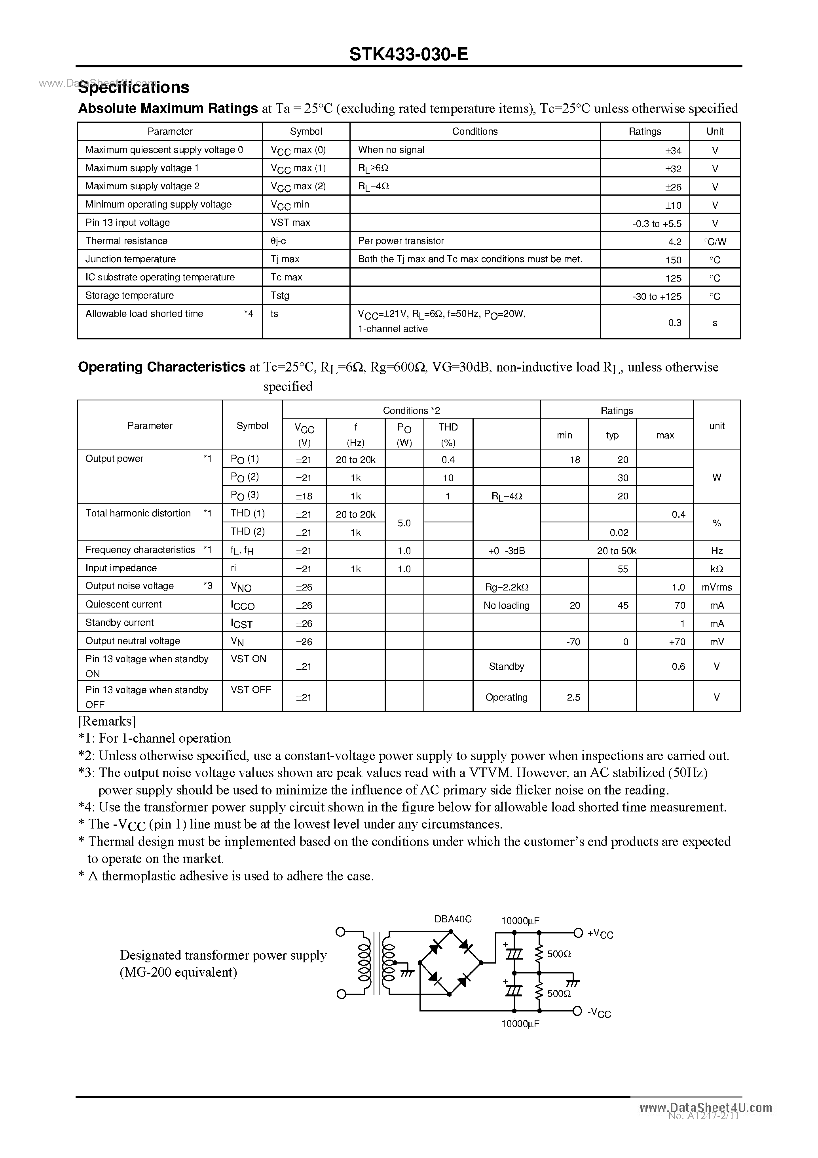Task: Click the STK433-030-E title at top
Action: [x=408, y=53]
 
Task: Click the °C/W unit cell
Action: [x=715, y=242]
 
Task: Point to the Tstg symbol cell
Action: [x=280, y=295]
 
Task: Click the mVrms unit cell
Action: [x=717, y=587]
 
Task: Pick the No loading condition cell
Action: [x=506, y=605]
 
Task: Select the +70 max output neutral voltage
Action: [x=677, y=642]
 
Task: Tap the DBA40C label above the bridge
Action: [x=453, y=919]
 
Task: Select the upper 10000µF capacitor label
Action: [x=520, y=920]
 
